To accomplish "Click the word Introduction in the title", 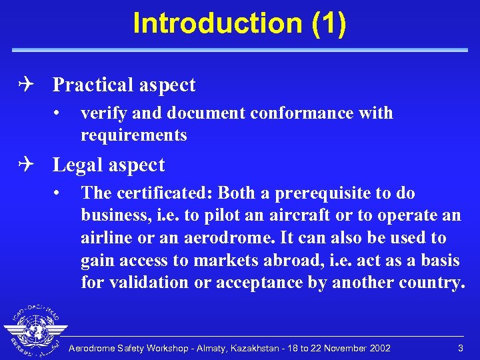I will [217, 23].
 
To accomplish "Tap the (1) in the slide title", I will [328, 23].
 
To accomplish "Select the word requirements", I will [133, 135].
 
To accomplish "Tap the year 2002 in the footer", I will [378, 349].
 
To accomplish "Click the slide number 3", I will [460, 349].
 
